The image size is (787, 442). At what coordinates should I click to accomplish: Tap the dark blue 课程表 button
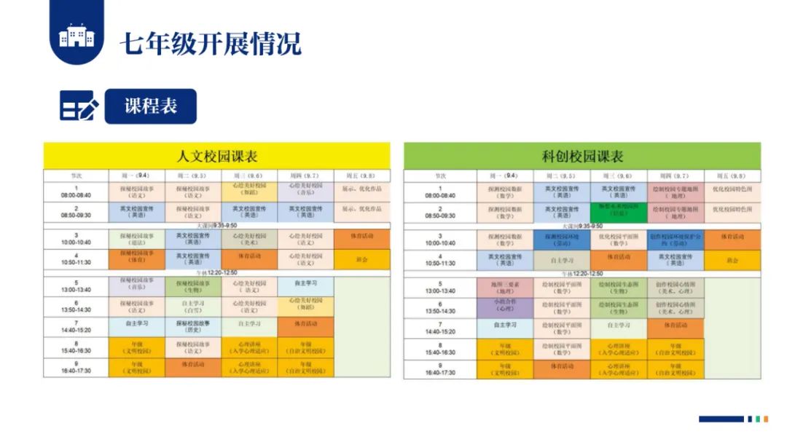click(150, 106)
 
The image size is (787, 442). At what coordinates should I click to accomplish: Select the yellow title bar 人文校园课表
click(217, 156)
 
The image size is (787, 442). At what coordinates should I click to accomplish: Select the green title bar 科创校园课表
click(582, 156)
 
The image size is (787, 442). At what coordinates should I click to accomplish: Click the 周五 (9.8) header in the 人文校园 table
click(362, 175)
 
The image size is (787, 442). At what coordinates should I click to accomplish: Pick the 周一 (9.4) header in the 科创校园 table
click(505, 175)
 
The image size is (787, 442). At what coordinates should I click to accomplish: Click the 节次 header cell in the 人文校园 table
click(76, 175)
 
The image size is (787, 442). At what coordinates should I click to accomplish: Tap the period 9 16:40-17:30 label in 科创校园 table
click(440, 369)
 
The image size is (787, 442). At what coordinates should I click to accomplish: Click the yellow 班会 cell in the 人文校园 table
click(362, 260)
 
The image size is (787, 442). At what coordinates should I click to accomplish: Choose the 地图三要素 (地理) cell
click(505, 287)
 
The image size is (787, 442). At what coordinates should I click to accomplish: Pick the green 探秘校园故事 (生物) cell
click(193, 287)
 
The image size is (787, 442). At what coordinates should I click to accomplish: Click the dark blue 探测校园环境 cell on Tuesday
click(562, 240)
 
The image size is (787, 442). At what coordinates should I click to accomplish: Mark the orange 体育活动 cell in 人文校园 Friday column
click(362, 240)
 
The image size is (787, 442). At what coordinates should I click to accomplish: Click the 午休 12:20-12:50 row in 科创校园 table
click(582, 272)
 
